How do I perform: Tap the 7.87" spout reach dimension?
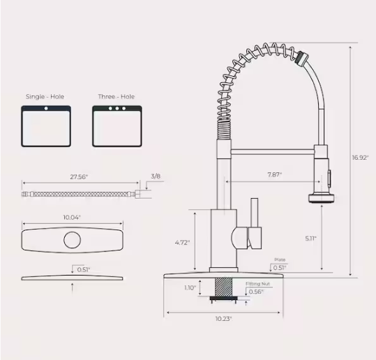coord(274,174)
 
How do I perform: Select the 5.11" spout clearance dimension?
coord(310,239)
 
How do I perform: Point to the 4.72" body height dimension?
coord(182,243)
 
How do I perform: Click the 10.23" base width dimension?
coord(223,318)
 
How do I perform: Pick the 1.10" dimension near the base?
coord(190,287)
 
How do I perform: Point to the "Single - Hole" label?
coord(45,96)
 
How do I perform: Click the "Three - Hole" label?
coord(116,96)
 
